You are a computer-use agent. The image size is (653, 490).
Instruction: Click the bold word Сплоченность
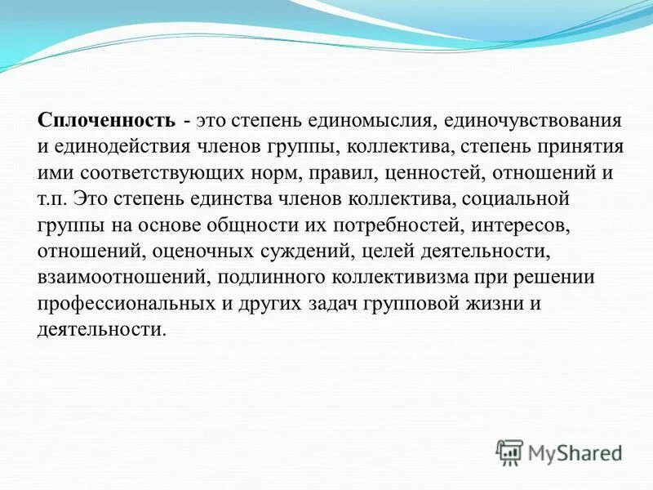(x=106, y=121)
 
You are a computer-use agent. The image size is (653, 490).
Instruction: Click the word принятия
(x=585, y=147)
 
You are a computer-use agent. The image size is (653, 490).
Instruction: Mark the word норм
(x=260, y=173)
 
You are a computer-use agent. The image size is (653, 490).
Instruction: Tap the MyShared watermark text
(x=575, y=452)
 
